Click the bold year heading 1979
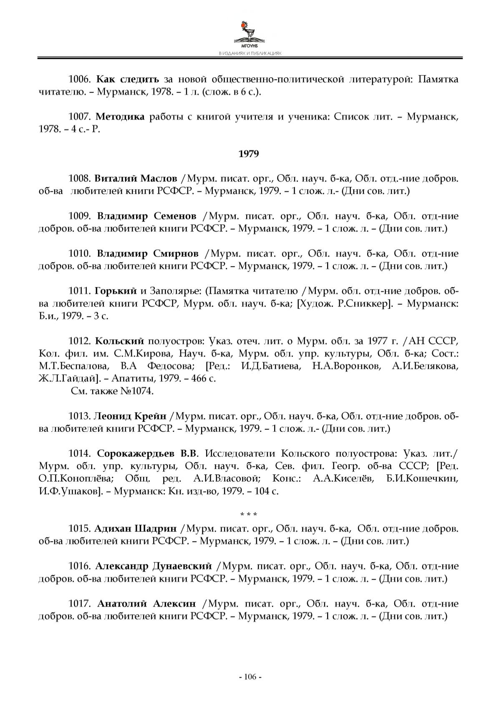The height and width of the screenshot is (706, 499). [249, 154]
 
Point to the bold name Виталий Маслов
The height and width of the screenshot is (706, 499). [136, 179]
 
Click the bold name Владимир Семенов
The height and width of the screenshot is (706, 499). [147, 217]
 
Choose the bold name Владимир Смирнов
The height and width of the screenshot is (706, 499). [148, 254]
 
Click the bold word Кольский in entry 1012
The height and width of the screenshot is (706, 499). [119, 341]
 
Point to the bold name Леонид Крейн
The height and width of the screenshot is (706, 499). [130, 416]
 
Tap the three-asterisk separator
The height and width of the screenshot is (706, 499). [249, 514]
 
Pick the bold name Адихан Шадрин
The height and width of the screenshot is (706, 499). [136, 529]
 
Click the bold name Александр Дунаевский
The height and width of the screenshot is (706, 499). [153, 566]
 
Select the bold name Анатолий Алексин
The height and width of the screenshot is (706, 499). [146, 604]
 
